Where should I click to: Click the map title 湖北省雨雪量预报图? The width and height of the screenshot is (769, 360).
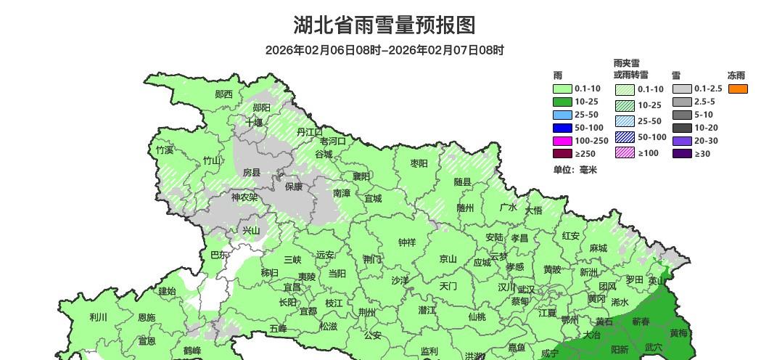click(384, 25)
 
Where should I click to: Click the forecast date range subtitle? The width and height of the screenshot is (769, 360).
click(384, 50)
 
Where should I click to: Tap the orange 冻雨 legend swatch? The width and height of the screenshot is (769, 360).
click(738, 89)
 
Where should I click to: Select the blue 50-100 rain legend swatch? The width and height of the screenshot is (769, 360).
click(563, 128)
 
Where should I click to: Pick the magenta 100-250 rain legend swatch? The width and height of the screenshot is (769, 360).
click(563, 141)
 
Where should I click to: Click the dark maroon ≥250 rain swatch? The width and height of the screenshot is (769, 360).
click(563, 154)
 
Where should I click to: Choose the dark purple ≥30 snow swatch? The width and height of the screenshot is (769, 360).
click(682, 154)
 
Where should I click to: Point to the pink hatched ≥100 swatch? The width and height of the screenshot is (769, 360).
click(625, 152)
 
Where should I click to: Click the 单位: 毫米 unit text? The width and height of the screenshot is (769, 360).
click(575, 170)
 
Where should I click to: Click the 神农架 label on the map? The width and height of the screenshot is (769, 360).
click(244, 197)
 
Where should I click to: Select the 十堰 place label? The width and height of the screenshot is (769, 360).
click(254, 123)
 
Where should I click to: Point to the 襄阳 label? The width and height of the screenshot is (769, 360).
click(361, 176)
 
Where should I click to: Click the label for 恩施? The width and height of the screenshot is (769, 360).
click(146, 318)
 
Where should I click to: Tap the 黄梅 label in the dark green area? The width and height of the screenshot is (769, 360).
click(678, 334)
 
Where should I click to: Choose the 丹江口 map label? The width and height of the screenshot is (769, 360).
click(310, 132)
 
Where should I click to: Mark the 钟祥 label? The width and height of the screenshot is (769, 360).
click(407, 242)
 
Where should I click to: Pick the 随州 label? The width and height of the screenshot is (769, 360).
click(465, 208)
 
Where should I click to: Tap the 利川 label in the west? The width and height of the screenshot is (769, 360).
click(98, 317)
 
